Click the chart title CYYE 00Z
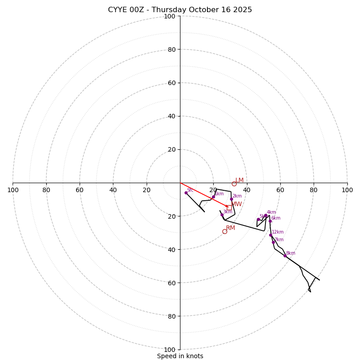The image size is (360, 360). (x=180, y=10)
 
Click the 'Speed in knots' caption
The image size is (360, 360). (x=180, y=356)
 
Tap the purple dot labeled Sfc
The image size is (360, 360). (x=186, y=193)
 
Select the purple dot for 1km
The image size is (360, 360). (x=213, y=197)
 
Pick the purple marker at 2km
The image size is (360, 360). (x=231, y=199)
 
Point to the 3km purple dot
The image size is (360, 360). (x=222, y=215)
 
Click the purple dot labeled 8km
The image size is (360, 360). (x=285, y=256)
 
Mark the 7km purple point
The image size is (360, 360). (x=273, y=242)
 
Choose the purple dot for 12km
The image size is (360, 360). (x=270, y=235)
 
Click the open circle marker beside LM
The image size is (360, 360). (x=234, y=184)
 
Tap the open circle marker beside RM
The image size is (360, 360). (x=225, y=231)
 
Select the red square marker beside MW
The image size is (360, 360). (x=229, y=207)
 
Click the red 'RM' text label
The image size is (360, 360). (x=230, y=228)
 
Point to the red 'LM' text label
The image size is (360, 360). (x=239, y=180)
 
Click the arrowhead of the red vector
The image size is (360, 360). (x=227, y=206)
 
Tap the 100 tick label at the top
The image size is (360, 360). (x=170, y=16)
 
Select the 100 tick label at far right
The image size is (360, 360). (x=347, y=190)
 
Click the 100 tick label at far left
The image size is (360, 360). (x=13, y=190)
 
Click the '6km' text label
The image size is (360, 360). (x=275, y=218)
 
